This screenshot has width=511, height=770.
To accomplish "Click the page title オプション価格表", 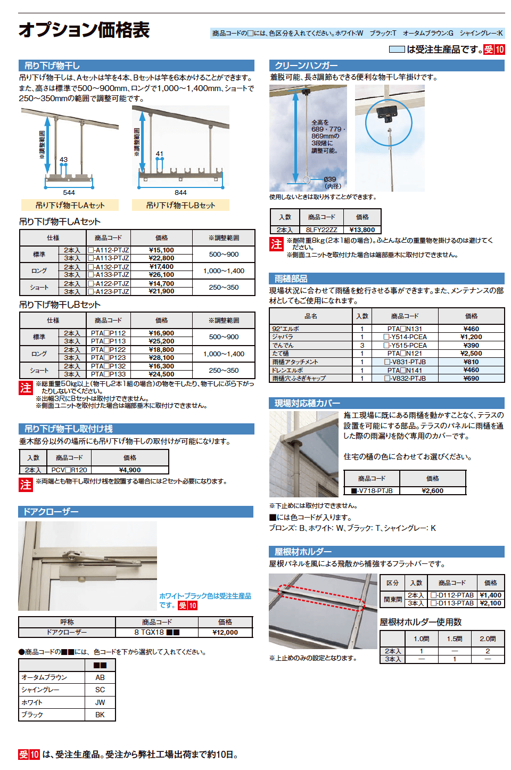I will (84, 30).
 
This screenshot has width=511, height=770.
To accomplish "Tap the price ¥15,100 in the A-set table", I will (161, 250).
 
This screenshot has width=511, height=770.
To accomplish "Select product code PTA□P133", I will (108, 374).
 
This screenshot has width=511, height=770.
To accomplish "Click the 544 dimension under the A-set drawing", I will (69, 193).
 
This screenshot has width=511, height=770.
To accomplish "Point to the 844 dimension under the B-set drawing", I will (180, 193).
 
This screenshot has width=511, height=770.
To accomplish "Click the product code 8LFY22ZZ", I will (322, 230).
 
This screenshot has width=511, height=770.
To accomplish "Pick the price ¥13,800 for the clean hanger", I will (362, 230).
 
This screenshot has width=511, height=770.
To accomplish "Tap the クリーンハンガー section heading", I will (307, 65).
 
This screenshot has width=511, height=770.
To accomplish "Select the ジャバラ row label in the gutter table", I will (283, 337).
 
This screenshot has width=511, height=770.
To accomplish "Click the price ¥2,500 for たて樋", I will (471, 354).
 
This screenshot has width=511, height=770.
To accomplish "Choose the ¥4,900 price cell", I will (130, 470).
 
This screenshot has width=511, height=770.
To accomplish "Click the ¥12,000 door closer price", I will (225, 633).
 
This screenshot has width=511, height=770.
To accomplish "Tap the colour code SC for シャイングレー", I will (100, 690).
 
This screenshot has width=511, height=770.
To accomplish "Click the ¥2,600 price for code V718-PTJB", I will (432, 491).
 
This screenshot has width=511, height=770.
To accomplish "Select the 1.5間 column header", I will (455, 638).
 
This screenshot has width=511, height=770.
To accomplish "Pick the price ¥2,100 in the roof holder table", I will (490, 603).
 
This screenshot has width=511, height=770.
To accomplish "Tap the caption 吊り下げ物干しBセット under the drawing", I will (180, 206).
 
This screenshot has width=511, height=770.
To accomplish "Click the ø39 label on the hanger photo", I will (330, 179).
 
